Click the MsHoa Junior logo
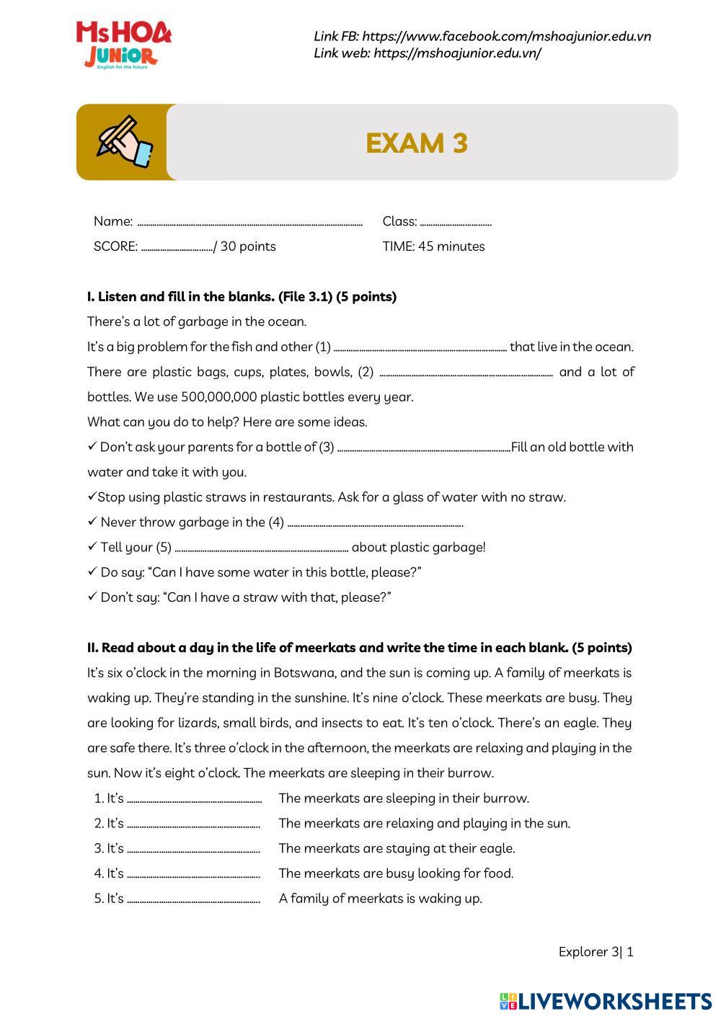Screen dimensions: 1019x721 click(x=123, y=45)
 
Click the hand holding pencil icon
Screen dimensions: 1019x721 click(x=124, y=142)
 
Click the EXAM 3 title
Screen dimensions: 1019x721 click(x=417, y=143)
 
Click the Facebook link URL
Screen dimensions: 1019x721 click(x=506, y=36)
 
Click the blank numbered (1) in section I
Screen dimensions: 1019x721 click(x=420, y=348)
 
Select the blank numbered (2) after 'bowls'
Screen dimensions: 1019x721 click(x=466, y=373)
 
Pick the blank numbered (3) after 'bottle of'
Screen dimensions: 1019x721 click(x=424, y=448)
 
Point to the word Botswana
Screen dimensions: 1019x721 click(x=304, y=673)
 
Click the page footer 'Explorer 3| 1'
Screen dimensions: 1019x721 click(x=596, y=952)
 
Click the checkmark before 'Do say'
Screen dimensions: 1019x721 click(x=92, y=572)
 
